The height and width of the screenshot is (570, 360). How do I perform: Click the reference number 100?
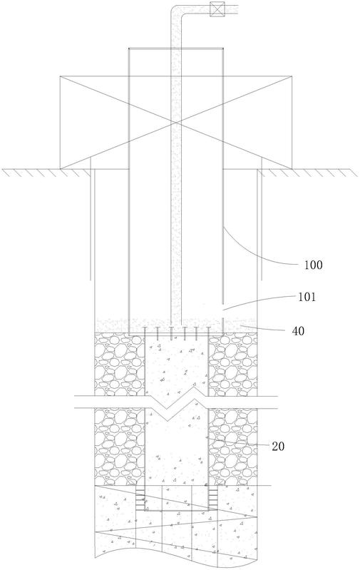coord(313,265)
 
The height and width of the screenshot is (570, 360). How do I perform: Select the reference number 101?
coord(307,297)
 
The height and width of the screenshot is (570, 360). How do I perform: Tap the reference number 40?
coord(298,331)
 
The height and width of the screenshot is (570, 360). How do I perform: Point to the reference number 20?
coord(278,446)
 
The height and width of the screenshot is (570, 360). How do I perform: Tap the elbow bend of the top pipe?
coord(177,10)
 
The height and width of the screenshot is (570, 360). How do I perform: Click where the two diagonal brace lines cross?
coord(176,123)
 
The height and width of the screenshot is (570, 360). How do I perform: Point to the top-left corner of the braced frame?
coord(60,76)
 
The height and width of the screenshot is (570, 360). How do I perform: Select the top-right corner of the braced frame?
coord(292,76)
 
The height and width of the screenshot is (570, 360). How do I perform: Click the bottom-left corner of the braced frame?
coord(60,168)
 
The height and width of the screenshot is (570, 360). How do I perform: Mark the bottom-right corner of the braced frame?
coord(292,168)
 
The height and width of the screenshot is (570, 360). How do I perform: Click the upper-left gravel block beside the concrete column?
coord(120,365)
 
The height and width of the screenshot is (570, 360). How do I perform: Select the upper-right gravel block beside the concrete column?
coord(232,365)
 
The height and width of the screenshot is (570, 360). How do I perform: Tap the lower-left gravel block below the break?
coord(120,447)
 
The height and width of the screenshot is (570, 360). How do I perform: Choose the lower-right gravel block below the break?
coord(232,447)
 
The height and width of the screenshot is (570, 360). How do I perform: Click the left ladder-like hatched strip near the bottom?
coord(140,497)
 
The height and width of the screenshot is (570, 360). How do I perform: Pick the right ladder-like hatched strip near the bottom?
coord(213,497)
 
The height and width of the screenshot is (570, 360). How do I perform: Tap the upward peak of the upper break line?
coord(196,387)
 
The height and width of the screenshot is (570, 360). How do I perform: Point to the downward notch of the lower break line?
coord(166,421)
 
